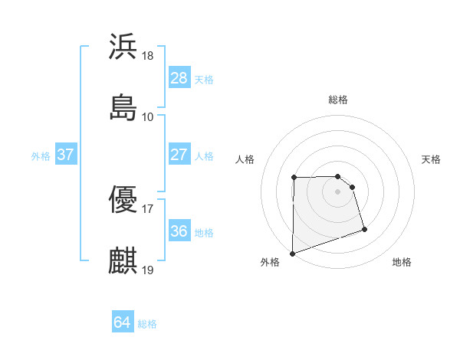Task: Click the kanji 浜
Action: pos(123,47)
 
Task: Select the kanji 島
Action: pos(123,106)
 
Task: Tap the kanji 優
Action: pos(123,201)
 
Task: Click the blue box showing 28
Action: pos(179,78)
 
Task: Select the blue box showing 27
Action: pos(179,155)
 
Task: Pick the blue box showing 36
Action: pos(179,231)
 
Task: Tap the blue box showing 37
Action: pos(65,155)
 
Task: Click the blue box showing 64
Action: pos(122,322)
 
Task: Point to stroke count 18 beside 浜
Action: pos(148,56)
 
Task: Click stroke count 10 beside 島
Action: pos(148,116)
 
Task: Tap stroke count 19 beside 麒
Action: pos(148,270)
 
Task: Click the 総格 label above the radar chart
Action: pos(338,100)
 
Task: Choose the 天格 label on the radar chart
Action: pos(432,159)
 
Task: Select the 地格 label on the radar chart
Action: pos(402,262)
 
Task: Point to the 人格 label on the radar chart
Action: pos(245,159)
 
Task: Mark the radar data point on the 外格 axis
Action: pos(292,253)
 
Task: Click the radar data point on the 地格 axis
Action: pos(364,229)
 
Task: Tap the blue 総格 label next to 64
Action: pos(148,324)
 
